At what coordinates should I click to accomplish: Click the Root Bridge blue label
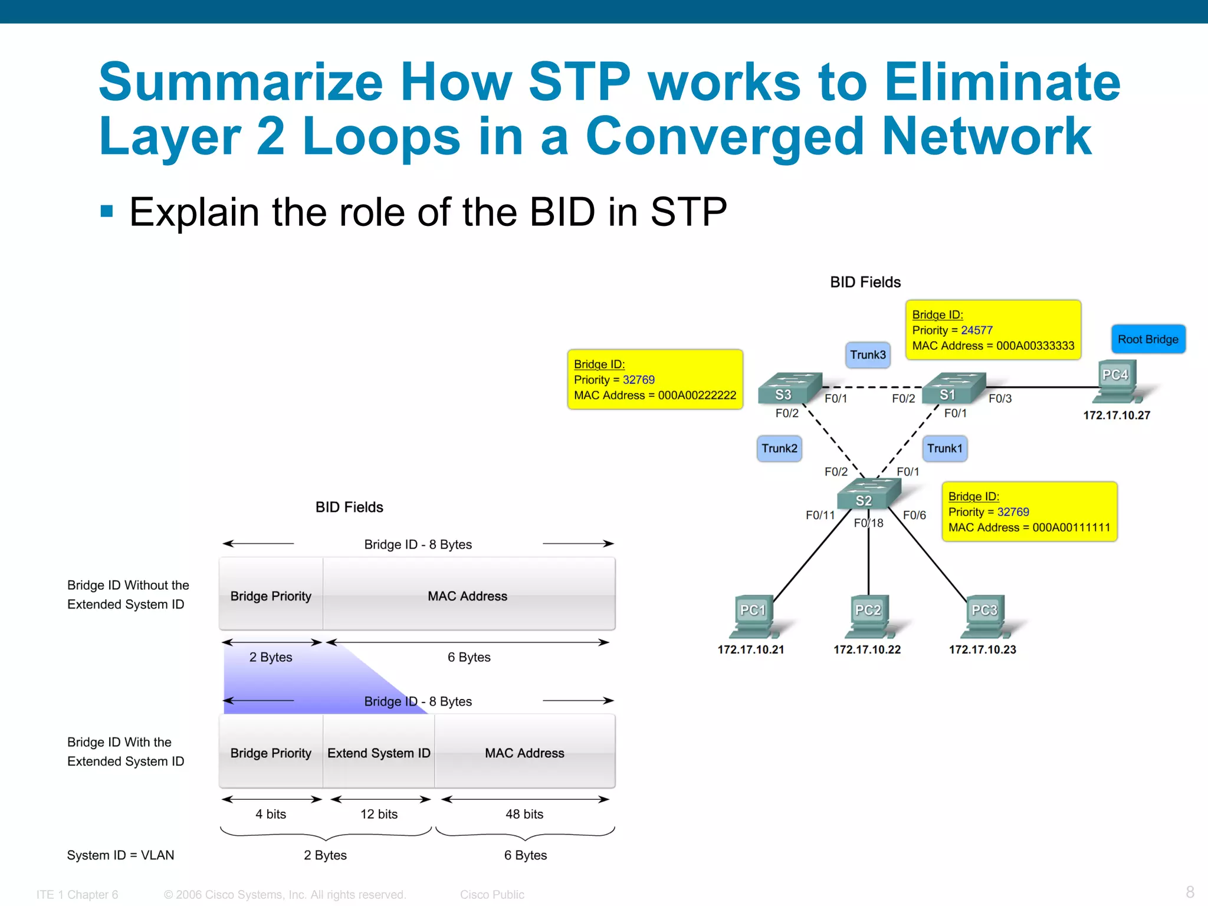[x=1147, y=339]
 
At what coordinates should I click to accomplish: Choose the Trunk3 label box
[x=868, y=355]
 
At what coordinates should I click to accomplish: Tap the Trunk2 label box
[x=779, y=448]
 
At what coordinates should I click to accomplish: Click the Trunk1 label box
[x=944, y=448]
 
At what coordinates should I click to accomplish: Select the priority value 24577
[x=976, y=330]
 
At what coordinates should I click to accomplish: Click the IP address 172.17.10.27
[x=1116, y=415]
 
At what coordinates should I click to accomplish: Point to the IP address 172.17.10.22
[x=866, y=649]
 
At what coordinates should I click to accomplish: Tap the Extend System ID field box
[x=379, y=753]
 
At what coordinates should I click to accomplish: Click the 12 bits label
[x=379, y=814]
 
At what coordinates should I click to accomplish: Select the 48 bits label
[x=524, y=814]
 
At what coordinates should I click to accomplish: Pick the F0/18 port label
[x=869, y=523]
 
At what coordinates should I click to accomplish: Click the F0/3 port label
[x=1000, y=399]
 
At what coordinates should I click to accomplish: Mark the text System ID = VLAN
[x=120, y=855]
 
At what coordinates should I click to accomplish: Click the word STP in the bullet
[x=688, y=212]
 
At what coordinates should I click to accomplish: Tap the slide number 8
[x=1190, y=892]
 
